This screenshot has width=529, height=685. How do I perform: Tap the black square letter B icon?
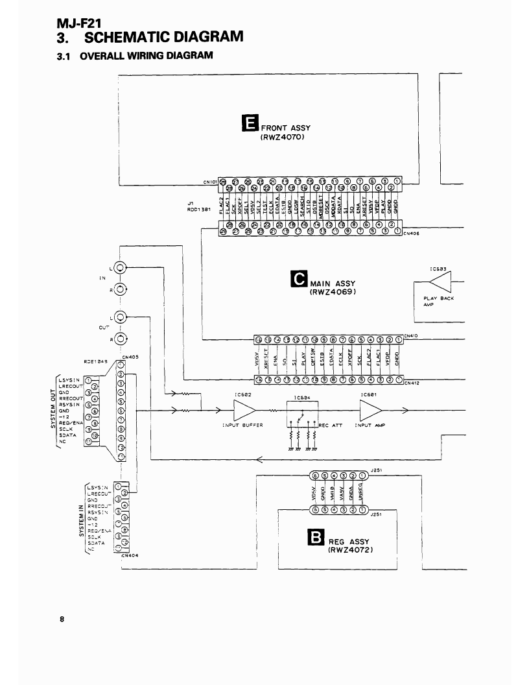pos(316,536)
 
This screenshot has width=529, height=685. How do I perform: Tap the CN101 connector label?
pos(209,183)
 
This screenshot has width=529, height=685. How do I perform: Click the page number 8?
pos(62,619)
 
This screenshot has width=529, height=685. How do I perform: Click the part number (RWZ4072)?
pos(353,551)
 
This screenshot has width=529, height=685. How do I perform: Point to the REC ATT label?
pos(329,426)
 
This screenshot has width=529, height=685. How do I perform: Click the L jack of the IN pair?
pos(119,267)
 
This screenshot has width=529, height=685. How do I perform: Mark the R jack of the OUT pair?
pos(119,339)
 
